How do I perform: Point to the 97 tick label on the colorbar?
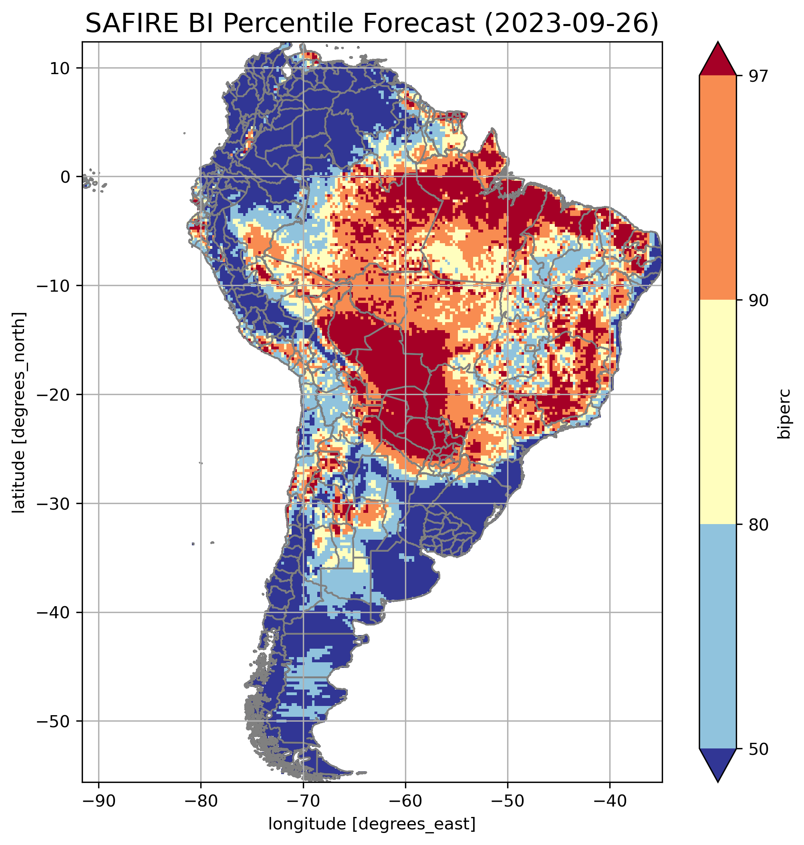point(758,76)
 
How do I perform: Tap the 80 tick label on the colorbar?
point(758,526)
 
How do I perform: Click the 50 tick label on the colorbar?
point(758,750)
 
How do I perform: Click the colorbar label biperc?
point(785,414)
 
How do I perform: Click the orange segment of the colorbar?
point(717,189)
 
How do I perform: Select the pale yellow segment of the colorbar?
point(717,413)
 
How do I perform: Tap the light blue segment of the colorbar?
point(717,637)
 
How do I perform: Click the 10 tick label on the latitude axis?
point(60,69)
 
